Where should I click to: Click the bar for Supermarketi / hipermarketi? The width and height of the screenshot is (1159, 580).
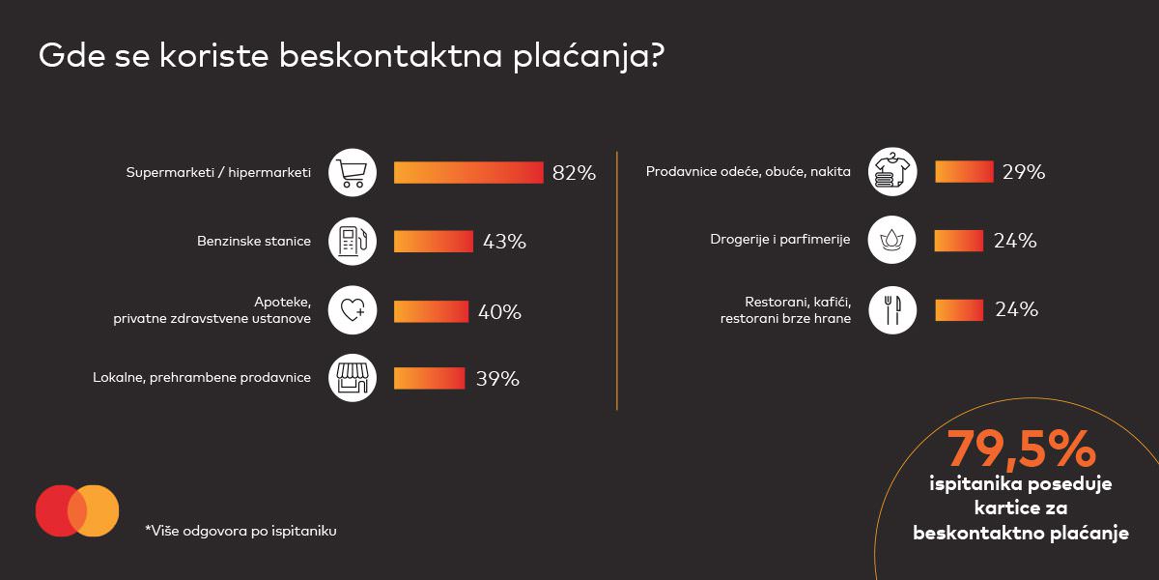pyautogui.click(x=468, y=173)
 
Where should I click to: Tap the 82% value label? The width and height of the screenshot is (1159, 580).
pyautogui.click(x=574, y=174)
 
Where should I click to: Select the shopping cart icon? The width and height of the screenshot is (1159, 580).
pyautogui.click(x=353, y=173)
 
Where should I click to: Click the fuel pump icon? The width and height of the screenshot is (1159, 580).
pyautogui.click(x=353, y=242)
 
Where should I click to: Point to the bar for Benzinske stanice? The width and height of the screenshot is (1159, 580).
pyautogui.click(x=433, y=242)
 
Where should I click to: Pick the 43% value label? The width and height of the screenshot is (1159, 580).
pyautogui.click(x=504, y=242)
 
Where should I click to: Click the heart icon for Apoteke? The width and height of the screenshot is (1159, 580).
pyautogui.click(x=353, y=310)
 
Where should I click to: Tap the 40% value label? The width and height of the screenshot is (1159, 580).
pyautogui.click(x=499, y=312)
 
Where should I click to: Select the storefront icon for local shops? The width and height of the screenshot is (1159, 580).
pyautogui.click(x=353, y=378)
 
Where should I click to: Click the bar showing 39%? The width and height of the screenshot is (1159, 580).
pyautogui.click(x=429, y=378)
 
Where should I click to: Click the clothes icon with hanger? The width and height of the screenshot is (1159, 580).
pyautogui.click(x=892, y=172)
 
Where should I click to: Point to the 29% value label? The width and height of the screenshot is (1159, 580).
pyautogui.click(x=1024, y=173)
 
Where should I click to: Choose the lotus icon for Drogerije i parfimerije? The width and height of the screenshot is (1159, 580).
pyautogui.click(x=892, y=240)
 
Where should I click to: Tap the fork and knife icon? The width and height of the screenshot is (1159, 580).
pyautogui.click(x=892, y=309)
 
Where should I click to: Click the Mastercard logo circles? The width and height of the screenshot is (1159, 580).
pyautogui.click(x=77, y=510)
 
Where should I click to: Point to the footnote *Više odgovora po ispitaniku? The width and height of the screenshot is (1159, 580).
pyautogui.click(x=240, y=531)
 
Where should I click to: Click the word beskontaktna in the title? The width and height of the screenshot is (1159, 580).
pyautogui.click(x=387, y=55)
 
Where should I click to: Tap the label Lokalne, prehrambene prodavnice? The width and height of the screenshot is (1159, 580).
pyautogui.click(x=202, y=378)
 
